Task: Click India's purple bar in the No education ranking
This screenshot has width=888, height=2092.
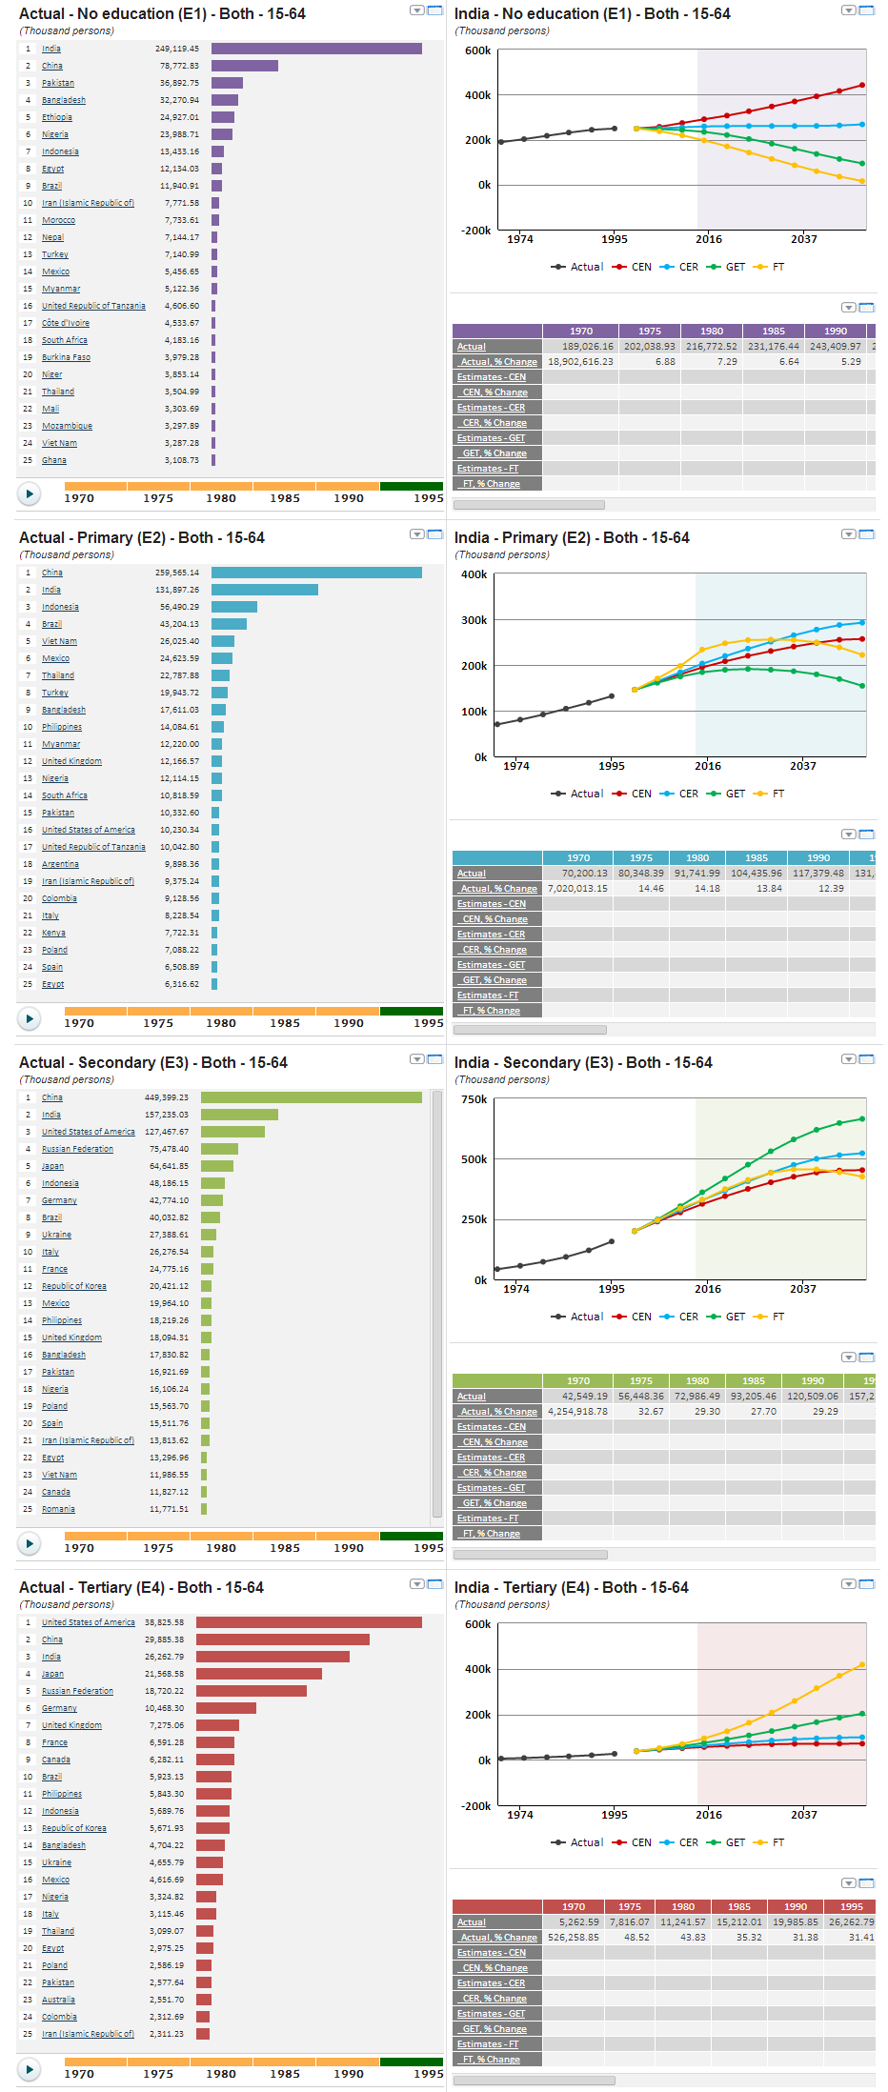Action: pos(316,49)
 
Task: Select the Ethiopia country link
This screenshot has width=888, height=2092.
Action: pos(57,117)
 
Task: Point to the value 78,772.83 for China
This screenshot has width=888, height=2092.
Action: pos(179,66)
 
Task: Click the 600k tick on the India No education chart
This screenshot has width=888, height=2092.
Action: pos(477,50)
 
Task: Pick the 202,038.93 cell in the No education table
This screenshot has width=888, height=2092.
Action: pos(649,347)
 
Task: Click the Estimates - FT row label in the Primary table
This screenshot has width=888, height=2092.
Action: pos(488,996)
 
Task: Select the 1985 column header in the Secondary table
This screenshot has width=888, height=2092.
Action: pos(753,1380)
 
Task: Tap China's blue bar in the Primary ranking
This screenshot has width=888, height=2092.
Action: pos(316,573)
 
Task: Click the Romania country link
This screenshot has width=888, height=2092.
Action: pos(58,1509)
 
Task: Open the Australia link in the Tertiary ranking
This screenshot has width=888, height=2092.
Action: pos(58,2000)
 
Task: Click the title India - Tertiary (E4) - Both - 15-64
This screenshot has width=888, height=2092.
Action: pos(571,1587)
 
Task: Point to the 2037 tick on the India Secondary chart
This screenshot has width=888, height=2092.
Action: pos(802,1289)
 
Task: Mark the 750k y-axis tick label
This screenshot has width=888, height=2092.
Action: pos(474,1099)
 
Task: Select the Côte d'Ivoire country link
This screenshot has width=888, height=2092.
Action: pos(66,323)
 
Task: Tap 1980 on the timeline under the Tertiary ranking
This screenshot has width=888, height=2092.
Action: pos(221,2074)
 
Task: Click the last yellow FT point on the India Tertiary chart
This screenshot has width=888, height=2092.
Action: pos(862,1665)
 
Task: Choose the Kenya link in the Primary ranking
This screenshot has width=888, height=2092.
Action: pos(53,933)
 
